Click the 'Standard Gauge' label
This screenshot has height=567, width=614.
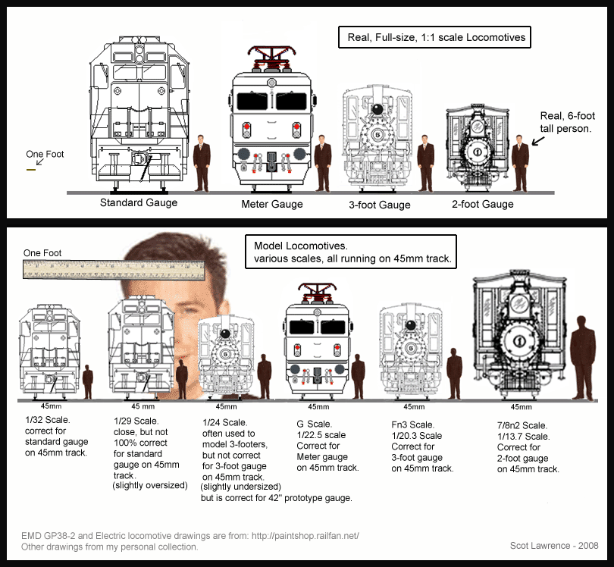point(139,202)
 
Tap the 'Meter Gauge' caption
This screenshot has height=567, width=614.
point(272,204)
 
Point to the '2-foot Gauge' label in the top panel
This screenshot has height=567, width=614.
point(482,204)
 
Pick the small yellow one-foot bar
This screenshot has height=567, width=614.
point(31,170)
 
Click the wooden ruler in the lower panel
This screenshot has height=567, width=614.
point(113,267)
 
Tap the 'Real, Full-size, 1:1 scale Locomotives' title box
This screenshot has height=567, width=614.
point(432,36)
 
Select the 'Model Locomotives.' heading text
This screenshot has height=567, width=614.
point(296,246)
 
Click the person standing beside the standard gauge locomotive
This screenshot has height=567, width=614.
point(201,161)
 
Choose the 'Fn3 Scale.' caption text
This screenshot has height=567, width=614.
point(412,425)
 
